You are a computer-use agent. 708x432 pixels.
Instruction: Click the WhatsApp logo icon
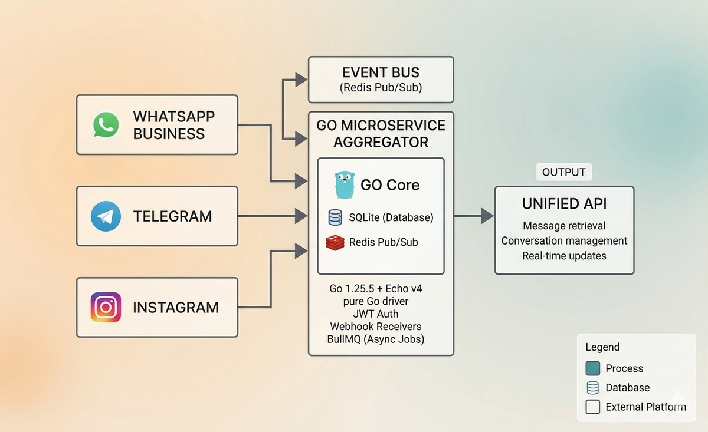(x=106, y=125)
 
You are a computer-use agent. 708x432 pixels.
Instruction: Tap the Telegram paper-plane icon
(x=106, y=216)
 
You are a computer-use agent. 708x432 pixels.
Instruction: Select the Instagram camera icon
(x=106, y=307)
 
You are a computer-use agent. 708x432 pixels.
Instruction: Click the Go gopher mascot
(x=345, y=185)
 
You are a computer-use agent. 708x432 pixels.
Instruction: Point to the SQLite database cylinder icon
(x=335, y=217)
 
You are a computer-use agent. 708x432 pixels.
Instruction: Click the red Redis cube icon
(x=335, y=243)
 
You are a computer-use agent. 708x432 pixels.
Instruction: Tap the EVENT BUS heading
(x=381, y=72)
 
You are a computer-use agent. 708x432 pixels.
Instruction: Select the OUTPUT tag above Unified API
(x=564, y=172)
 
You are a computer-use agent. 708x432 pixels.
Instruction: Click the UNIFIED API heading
(x=564, y=204)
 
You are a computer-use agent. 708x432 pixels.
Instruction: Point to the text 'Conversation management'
(x=564, y=240)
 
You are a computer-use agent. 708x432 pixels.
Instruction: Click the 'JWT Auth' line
(x=375, y=314)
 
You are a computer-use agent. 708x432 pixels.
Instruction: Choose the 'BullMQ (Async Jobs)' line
(x=375, y=339)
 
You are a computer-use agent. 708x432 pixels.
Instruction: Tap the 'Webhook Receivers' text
(x=375, y=327)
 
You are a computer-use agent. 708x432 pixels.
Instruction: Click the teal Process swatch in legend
(x=592, y=368)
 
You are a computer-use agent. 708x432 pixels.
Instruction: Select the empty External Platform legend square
(x=592, y=407)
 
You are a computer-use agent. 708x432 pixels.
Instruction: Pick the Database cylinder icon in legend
(x=592, y=388)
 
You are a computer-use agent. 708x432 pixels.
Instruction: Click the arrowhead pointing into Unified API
(x=487, y=216)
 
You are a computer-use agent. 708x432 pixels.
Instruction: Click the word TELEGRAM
(x=172, y=217)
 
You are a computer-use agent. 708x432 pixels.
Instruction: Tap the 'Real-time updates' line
(x=564, y=256)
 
